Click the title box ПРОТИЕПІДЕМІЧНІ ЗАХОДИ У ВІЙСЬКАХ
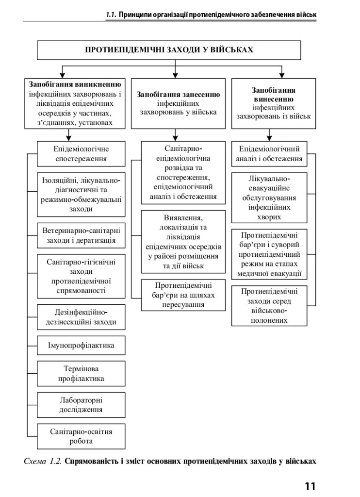tap(168, 50)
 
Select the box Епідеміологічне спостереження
tap(81, 154)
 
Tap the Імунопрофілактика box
tap(81, 345)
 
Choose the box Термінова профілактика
tap(81, 373)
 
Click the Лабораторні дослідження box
tap(81, 405)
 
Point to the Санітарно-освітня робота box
tap(81, 436)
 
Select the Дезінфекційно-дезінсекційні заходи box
tap(81, 317)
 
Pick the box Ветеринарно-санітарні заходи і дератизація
tap(81, 235)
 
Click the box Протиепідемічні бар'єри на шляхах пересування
tap(183, 295)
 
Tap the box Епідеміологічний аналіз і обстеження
tap(269, 154)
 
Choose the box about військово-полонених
tap(269, 306)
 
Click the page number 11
tap(310, 486)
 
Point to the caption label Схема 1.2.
tap(43, 461)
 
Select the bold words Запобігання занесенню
tap(178, 95)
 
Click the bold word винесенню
tap(274, 99)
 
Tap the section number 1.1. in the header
tap(111, 15)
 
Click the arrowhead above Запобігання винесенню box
tap(281, 75)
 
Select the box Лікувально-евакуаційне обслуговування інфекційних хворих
tap(269, 198)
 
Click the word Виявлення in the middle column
tap(183, 218)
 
